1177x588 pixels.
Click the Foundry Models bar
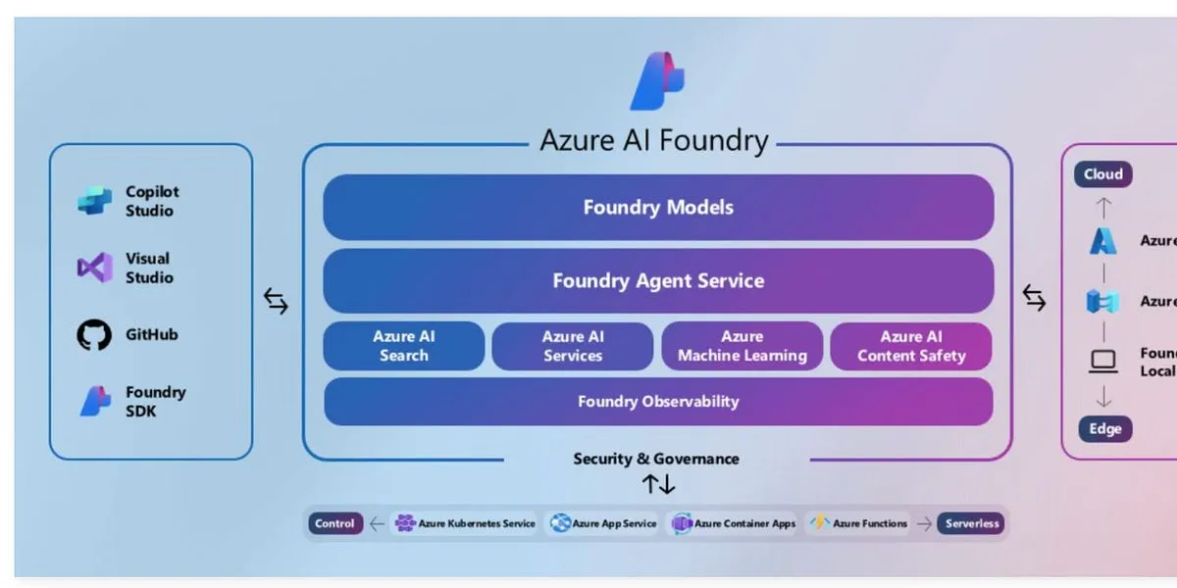[x=658, y=208]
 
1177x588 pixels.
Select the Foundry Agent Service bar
[x=658, y=281]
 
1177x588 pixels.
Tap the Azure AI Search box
[x=404, y=346]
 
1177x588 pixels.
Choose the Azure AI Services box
[x=573, y=346]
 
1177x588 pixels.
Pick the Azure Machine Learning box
[x=742, y=346]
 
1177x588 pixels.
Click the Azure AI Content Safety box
[x=911, y=346]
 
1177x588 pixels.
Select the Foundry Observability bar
[x=658, y=401]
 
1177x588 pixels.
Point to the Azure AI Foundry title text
[x=654, y=140]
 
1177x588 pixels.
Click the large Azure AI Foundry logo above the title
[x=657, y=80]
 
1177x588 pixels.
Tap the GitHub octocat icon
[x=94, y=335]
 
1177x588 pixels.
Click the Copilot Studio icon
[x=95, y=201]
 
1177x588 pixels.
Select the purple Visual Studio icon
[x=95, y=268]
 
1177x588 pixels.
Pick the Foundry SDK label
[x=155, y=401]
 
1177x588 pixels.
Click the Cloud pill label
[x=1102, y=174]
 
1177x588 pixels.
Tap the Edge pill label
[x=1104, y=429]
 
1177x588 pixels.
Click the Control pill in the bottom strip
[x=334, y=523]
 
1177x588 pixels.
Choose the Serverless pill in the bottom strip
[x=971, y=523]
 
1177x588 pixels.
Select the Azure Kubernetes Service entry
[x=466, y=523]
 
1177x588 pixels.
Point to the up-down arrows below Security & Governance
[x=658, y=483]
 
